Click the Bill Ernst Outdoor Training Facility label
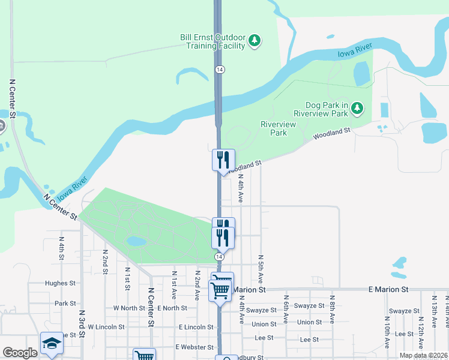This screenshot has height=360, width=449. pos(212,41)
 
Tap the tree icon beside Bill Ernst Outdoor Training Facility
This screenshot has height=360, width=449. pos(256,41)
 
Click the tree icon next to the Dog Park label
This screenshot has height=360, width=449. pos(358,109)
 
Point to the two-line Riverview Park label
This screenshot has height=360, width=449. pos(278,128)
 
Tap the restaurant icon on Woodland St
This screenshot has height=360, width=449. pos(223,160)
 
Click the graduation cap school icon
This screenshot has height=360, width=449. pos(52,344)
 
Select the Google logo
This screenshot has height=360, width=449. pos(20,353)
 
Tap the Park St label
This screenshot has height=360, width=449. pos(65,304)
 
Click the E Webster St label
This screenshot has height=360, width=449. pos(194,347)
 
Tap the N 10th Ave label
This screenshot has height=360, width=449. pos(388,337)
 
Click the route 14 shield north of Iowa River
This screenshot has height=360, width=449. pos(220,70)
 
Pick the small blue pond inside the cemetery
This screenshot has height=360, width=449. pos(136,241)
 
